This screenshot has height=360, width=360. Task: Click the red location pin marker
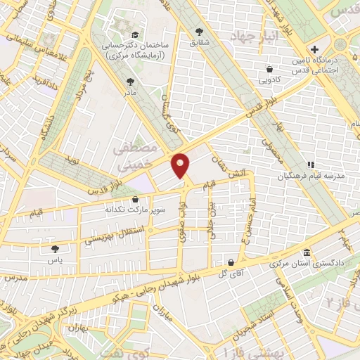pyautogui.click(x=181, y=165)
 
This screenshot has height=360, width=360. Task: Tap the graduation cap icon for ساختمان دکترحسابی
pyautogui.click(x=134, y=34)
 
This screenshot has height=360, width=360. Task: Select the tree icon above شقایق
pyautogui.click(x=200, y=32)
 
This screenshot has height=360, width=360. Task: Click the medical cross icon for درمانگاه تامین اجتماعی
pyautogui.click(x=314, y=50)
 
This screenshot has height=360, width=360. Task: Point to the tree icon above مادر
pyautogui.click(x=129, y=82)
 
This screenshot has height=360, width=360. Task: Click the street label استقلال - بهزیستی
pyautogui.click(x=117, y=234)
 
